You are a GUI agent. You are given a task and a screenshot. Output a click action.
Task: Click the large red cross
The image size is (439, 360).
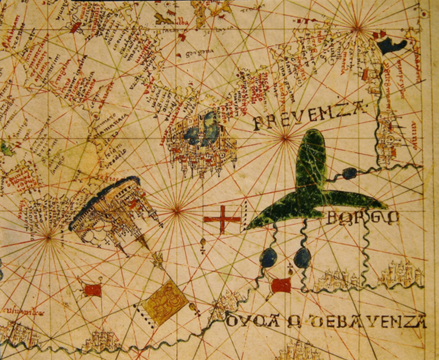tap(222, 219)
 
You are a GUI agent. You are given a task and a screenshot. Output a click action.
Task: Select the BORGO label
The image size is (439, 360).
tap(363, 218)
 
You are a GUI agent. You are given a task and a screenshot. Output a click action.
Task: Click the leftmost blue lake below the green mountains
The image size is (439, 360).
tap(268, 258)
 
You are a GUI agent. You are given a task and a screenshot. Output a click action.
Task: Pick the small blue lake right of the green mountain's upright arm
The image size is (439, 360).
tap(349, 173)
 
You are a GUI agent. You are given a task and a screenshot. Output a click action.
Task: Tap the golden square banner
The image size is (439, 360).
tap(165, 303)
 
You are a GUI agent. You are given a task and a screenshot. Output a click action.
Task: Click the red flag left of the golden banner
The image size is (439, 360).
tap(93, 290)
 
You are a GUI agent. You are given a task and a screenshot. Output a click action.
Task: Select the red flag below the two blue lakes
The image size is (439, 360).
tap(281, 285)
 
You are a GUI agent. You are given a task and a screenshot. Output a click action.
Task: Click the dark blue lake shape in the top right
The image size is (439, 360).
tap(392, 45)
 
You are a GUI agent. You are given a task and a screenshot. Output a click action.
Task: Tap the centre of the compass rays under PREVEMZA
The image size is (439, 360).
tap(285, 138)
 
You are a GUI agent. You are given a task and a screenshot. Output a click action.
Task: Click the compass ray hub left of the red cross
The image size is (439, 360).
tap(177, 210)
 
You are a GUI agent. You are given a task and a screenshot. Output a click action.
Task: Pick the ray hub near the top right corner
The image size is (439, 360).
tap(357, 29)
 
